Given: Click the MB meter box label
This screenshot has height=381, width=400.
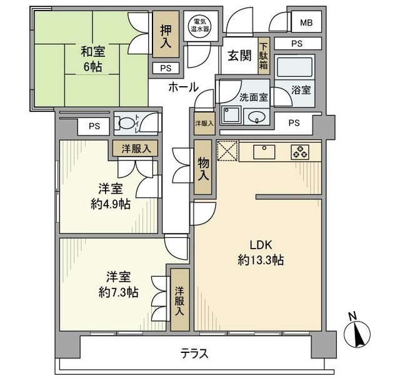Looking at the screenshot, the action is coord(306,23).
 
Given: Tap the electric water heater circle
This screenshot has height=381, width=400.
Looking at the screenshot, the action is coord(200,26).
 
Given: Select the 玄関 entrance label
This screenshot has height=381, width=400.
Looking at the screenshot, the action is coord(239,56).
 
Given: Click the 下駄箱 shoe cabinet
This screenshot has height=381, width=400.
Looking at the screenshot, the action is coord(264,56).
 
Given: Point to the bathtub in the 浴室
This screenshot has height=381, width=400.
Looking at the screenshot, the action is coord(294,67).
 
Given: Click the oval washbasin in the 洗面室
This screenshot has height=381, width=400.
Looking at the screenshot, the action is coord(256,117).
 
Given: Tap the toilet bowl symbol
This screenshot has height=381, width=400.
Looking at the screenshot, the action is coord(126,123).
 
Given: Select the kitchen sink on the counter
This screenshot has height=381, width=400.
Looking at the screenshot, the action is coord(264,152).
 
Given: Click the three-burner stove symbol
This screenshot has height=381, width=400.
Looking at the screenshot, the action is coord(300,152).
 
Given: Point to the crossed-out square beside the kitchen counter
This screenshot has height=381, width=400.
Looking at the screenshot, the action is coord(227,151).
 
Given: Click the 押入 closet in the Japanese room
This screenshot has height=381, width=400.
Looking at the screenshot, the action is coord(166,35).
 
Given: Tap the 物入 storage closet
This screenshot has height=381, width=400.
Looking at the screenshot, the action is coord(203,167).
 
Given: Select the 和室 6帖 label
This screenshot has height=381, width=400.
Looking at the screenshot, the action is coord(93,59).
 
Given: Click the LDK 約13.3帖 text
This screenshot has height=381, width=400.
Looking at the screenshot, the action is coord(261,253).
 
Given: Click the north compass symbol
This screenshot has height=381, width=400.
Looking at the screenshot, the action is coord(357,331).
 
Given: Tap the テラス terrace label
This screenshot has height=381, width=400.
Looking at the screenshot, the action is coord(194,354).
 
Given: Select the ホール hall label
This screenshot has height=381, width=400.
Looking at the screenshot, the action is coord(183,87).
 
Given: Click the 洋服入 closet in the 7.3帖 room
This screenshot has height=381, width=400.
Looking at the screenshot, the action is coord(180,300).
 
